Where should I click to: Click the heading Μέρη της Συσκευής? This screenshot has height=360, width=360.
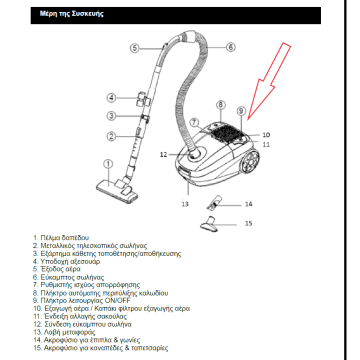point(72,14)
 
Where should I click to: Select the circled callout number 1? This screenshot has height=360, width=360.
point(108,164)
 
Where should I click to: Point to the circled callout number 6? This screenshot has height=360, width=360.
point(230,47)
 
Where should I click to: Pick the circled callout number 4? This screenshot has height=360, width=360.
point(111,97)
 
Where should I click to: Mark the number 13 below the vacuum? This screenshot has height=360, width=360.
point(185,204)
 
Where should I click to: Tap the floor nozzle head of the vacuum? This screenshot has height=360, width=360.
point(113,190)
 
